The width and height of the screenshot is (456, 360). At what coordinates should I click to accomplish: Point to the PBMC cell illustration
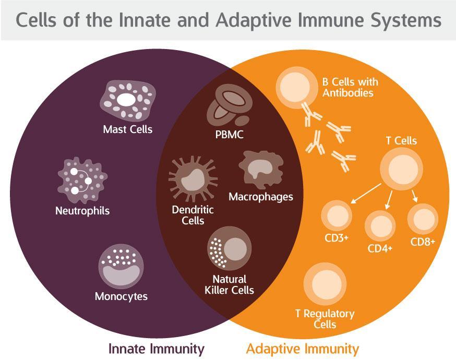tap(228, 107)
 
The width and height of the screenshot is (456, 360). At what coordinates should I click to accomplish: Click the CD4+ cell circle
tap(380, 225)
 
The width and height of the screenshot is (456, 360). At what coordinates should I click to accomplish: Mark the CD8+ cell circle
tap(422, 218)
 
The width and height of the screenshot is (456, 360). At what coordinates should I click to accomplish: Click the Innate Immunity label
tap(156, 348)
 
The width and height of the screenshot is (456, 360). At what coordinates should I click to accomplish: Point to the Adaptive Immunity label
tap(302, 348)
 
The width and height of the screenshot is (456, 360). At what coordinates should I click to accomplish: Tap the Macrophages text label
tap(261, 197)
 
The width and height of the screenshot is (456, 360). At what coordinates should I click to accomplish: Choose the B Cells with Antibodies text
tap(350, 88)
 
